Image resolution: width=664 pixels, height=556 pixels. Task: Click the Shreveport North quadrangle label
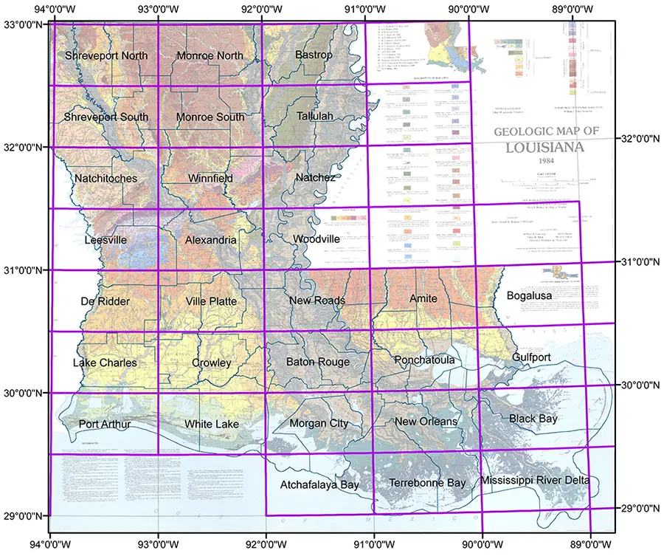point(106,56)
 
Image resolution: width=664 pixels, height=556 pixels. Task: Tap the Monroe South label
point(210,117)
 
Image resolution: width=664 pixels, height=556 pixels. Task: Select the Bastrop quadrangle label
point(314,55)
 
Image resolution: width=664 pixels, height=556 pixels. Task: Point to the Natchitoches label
point(106,179)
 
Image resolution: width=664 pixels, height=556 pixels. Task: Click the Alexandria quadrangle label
point(211,241)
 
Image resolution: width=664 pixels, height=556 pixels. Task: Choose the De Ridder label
point(106,302)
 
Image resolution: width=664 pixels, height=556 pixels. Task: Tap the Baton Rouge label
point(317,362)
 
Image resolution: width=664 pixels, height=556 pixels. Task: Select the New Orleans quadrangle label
point(426,422)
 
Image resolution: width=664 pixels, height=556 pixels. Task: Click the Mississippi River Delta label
point(535,481)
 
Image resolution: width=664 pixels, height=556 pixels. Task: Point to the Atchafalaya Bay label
point(319,485)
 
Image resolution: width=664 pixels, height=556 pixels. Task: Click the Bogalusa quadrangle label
point(530,296)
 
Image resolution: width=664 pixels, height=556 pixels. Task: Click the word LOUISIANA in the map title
point(545,146)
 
